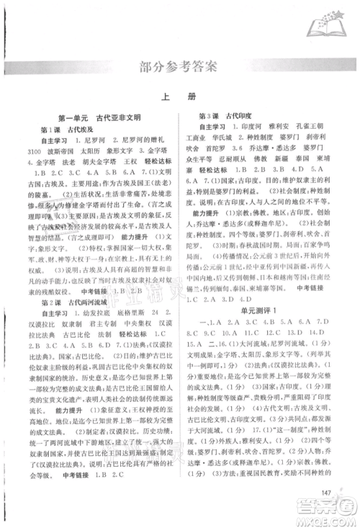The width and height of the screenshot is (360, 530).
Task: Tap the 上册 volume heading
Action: tap(179, 102)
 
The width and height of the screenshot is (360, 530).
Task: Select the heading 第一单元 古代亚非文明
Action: tap(99, 115)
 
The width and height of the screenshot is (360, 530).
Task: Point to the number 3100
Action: tap(36, 153)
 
